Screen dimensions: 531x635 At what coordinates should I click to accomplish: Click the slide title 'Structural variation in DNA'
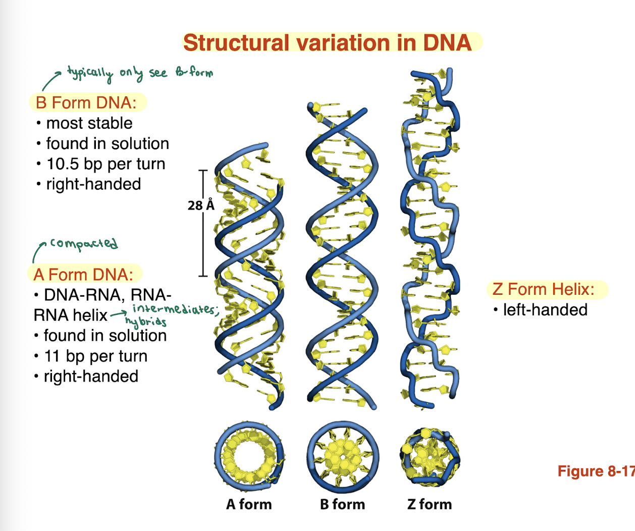(327, 43)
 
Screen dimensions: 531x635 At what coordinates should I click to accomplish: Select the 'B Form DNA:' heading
(86, 103)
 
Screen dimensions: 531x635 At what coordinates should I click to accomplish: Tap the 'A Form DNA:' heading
(83, 275)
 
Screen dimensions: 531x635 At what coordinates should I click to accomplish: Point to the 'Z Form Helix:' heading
(544, 289)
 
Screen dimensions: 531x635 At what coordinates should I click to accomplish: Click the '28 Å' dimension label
(200, 205)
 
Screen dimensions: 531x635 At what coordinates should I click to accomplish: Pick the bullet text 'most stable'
(89, 123)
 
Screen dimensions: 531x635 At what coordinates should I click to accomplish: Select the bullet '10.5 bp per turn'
(105, 164)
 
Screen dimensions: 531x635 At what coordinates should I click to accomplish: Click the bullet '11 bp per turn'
(95, 356)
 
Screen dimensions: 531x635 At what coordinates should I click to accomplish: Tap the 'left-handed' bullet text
(545, 310)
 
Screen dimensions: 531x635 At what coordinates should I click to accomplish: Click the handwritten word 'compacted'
(84, 244)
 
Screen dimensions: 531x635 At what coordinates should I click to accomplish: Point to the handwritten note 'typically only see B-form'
(140, 73)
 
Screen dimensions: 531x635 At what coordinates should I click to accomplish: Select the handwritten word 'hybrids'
(146, 322)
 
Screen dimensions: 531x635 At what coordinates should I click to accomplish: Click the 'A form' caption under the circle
(249, 504)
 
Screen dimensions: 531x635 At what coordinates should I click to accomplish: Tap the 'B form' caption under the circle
(342, 504)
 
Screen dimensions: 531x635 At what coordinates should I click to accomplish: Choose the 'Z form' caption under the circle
(430, 504)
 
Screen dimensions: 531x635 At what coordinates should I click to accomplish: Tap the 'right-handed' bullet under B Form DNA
(93, 184)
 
